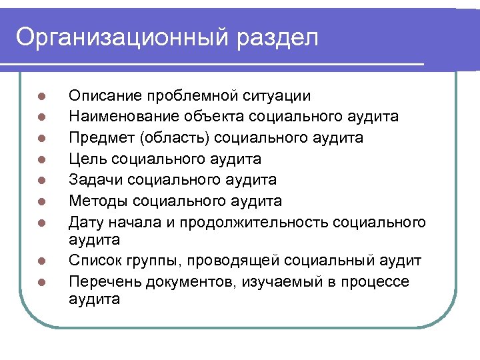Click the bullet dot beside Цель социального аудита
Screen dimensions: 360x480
tap(41, 159)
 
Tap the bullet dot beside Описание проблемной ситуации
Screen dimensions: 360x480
tap(41, 97)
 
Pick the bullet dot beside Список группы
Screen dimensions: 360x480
tap(41, 261)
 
